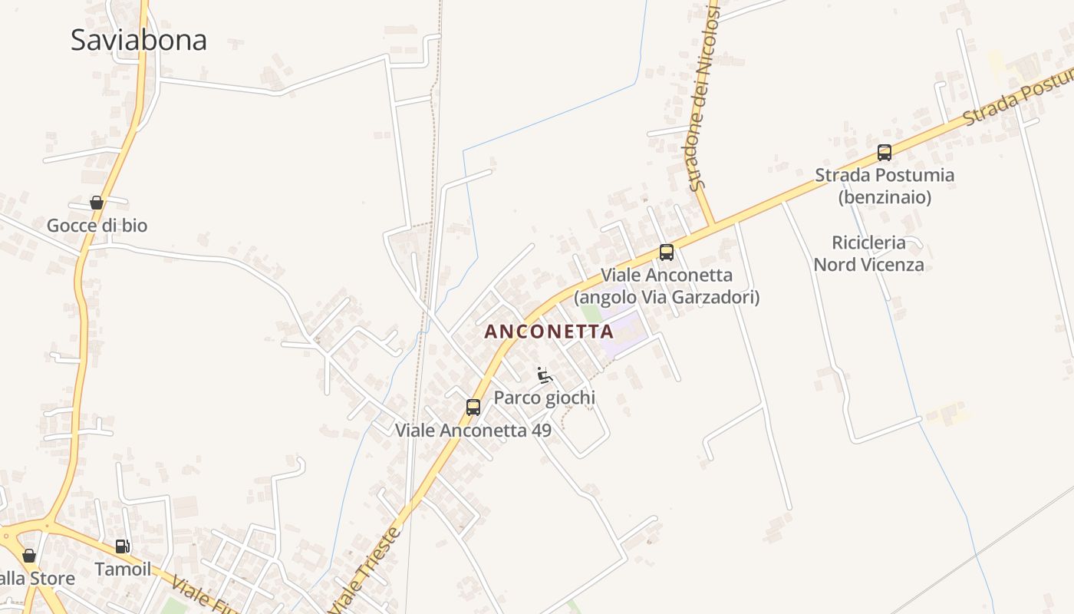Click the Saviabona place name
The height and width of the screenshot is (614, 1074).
(138, 40)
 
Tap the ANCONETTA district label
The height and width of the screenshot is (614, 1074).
(549, 332)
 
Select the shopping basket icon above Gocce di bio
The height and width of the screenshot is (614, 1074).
(97, 203)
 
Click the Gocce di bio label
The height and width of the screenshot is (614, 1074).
(97, 226)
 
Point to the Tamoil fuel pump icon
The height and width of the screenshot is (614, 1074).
(122, 546)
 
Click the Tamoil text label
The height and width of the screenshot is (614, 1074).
(123, 569)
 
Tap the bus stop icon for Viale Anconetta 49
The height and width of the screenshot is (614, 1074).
(473, 408)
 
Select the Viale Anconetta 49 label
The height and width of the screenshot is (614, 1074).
(473, 430)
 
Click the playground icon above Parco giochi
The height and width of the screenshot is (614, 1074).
(545, 375)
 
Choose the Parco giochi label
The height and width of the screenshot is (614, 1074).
(544, 398)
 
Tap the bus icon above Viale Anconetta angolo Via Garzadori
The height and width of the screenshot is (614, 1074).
(667, 253)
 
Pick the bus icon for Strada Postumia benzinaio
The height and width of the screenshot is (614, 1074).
(885, 153)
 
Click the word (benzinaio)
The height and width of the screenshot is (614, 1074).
(885, 197)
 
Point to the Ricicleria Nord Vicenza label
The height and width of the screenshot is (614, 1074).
(868, 253)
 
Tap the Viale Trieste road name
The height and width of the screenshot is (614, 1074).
(367, 569)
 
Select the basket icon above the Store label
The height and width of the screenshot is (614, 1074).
(29, 556)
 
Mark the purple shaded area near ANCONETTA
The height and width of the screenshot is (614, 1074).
(623, 332)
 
